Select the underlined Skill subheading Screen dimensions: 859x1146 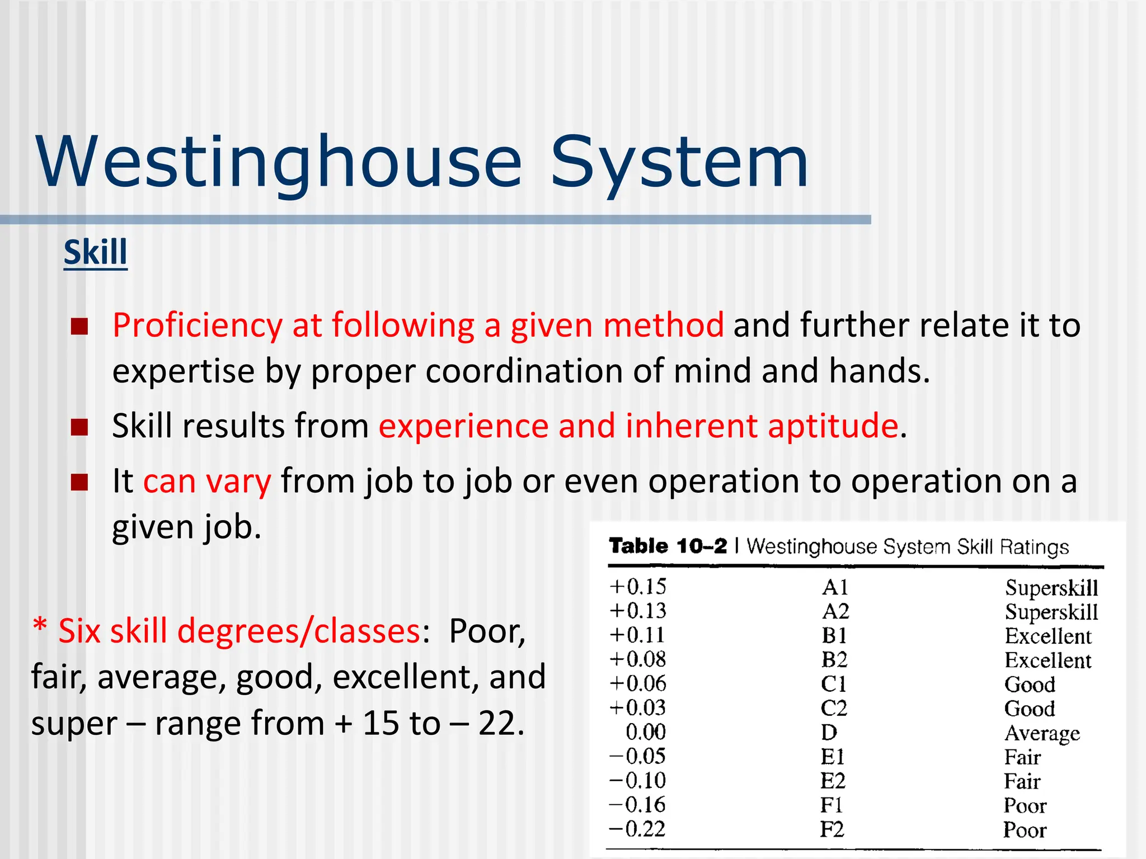(96, 252)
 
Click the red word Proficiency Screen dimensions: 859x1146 (198, 325)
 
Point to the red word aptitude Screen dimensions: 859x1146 (833, 426)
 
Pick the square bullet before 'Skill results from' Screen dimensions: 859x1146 (79, 427)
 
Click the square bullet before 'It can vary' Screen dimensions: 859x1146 (79, 482)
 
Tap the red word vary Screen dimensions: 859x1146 (238, 482)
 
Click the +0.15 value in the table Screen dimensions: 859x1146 (638, 587)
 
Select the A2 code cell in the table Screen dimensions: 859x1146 (835, 611)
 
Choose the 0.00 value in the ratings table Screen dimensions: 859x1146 (645, 732)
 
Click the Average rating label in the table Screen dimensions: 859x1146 (1042, 733)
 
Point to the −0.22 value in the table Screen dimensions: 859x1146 (637, 829)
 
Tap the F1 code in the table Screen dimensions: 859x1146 (832, 805)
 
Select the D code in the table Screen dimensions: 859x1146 (829, 732)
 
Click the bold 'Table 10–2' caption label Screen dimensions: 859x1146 (668, 546)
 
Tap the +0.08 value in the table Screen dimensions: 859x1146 (638, 659)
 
